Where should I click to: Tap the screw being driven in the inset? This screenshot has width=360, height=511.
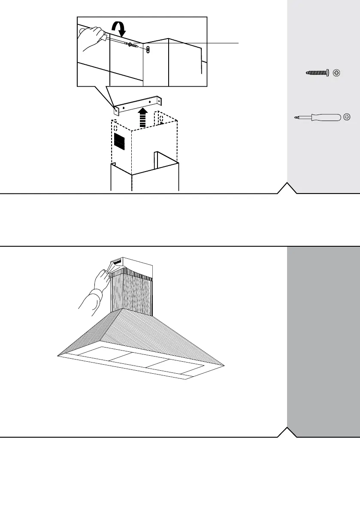coord(133,45)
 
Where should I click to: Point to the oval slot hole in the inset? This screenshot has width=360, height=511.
coord(148,50)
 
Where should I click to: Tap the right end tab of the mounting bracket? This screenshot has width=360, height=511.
coord(161,101)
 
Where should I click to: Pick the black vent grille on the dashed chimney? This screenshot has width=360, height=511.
coord(119,141)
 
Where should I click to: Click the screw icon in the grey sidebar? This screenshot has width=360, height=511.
coord(317,73)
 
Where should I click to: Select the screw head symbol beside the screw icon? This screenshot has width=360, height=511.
coord(337,73)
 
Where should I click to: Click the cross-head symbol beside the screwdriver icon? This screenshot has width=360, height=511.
coord(347,117)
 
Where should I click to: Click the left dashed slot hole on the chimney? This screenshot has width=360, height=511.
coord(115,128)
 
